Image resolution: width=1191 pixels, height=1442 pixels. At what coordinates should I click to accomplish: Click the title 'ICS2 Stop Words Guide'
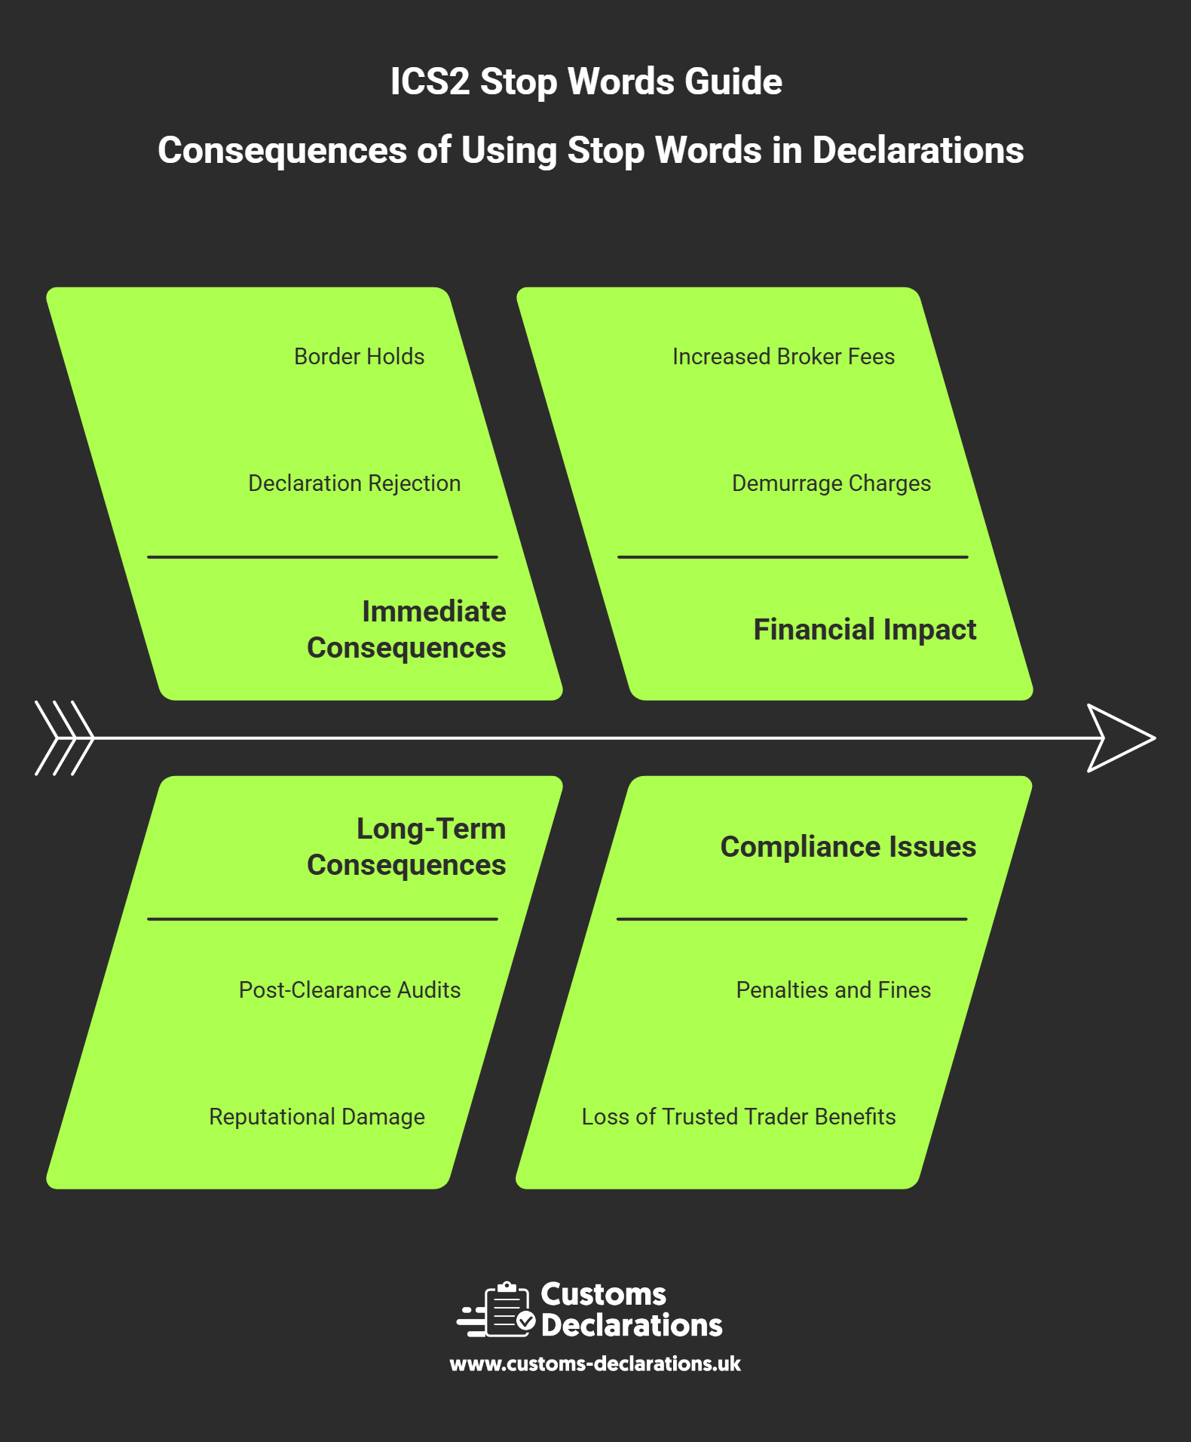pyautogui.click(x=586, y=81)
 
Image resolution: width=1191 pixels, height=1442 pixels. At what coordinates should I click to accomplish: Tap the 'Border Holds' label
pyautogui.click(x=359, y=357)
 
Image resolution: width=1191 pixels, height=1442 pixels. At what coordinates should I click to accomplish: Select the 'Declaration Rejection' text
pyautogui.click(x=354, y=483)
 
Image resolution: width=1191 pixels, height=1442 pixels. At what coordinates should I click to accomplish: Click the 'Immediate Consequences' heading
pyautogui.click(x=407, y=630)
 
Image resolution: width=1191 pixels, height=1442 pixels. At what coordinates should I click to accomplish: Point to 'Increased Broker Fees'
pyautogui.click(x=783, y=357)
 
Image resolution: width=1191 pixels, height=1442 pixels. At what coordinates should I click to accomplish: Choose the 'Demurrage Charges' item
pyautogui.click(x=831, y=483)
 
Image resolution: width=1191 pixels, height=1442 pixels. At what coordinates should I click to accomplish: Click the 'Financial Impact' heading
pyautogui.click(x=865, y=630)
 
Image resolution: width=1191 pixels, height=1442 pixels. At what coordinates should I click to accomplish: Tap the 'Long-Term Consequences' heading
pyautogui.click(x=407, y=847)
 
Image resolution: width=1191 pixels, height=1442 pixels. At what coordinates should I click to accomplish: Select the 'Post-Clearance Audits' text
pyautogui.click(x=350, y=990)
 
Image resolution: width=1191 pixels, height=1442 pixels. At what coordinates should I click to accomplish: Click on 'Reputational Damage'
pyautogui.click(x=317, y=1117)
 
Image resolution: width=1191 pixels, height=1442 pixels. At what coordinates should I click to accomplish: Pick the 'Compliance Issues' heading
pyautogui.click(x=848, y=847)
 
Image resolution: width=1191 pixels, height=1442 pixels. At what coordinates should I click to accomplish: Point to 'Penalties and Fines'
pyautogui.click(x=833, y=990)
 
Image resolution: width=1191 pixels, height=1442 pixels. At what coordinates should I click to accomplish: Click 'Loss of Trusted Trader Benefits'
pyautogui.click(x=739, y=1117)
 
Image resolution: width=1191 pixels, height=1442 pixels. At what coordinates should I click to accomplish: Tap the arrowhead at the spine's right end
pyautogui.click(x=1120, y=738)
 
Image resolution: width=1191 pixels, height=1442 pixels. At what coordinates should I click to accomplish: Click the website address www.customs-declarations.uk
pyautogui.click(x=595, y=1364)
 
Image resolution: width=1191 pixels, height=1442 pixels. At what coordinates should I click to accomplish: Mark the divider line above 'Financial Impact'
pyautogui.click(x=792, y=557)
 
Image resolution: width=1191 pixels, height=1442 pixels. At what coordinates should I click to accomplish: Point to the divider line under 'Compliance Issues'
pyautogui.click(x=791, y=919)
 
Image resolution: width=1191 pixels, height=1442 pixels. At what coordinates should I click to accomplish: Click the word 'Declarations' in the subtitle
pyautogui.click(x=917, y=150)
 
